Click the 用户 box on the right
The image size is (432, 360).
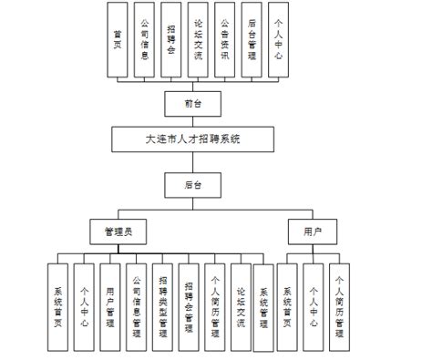[312, 231]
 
